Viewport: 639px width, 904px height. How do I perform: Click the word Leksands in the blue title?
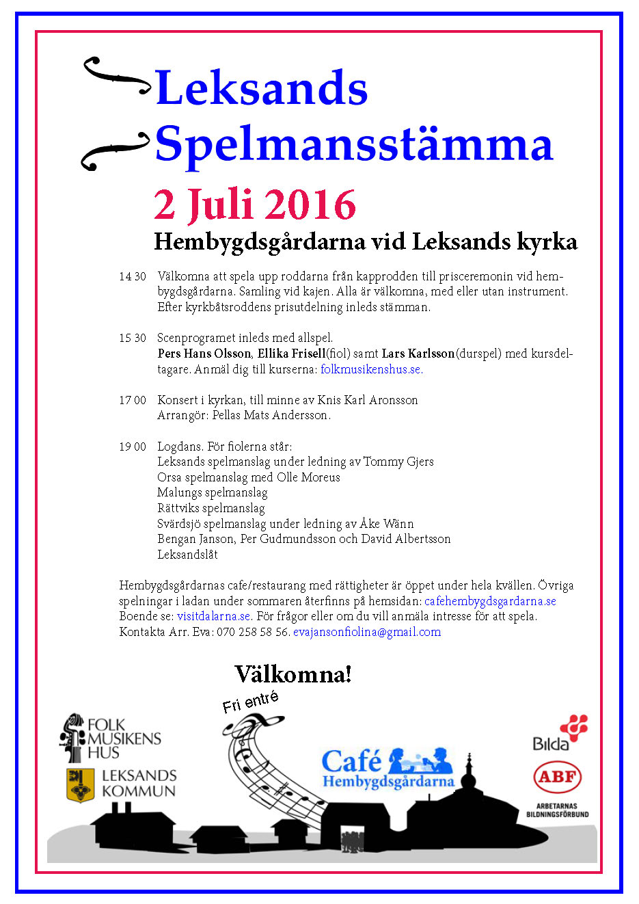(x=262, y=88)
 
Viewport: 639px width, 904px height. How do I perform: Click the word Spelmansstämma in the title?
(x=353, y=144)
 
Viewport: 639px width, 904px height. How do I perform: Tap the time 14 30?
(x=132, y=277)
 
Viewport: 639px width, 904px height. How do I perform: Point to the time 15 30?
(x=132, y=338)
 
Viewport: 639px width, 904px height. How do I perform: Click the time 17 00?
(x=132, y=400)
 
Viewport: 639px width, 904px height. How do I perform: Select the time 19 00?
(x=132, y=447)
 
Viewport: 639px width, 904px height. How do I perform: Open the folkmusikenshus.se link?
(x=371, y=369)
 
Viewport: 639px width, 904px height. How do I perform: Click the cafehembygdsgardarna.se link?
(x=490, y=601)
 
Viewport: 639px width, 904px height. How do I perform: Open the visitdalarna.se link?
(x=214, y=616)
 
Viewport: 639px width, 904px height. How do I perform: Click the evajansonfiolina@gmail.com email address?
(x=367, y=632)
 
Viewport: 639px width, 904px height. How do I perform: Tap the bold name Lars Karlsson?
(x=418, y=354)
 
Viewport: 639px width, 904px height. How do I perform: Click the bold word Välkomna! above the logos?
(x=293, y=674)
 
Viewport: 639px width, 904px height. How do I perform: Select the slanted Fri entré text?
(x=251, y=702)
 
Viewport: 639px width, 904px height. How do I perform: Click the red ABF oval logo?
(x=557, y=777)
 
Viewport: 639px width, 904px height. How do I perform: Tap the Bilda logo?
(x=560, y=733)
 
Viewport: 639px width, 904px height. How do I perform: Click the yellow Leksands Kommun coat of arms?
(x=80, y=784)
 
